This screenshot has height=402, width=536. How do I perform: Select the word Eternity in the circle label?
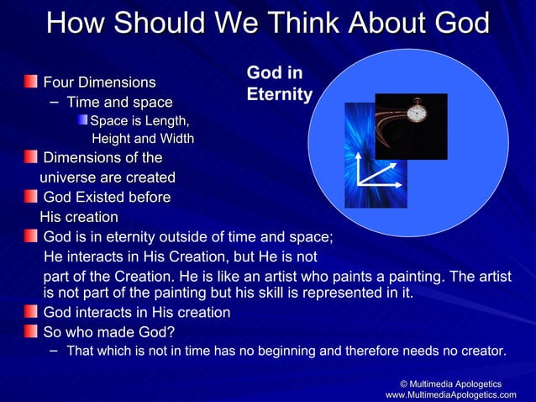(279, 95)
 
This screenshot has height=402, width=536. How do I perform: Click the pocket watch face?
(417, 111)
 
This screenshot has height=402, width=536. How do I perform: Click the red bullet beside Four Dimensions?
(30, 82)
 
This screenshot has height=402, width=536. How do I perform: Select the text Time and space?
(119, 103)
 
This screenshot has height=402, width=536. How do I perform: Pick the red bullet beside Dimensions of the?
(30, 157)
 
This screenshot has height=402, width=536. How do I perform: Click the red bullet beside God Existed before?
(30, 198)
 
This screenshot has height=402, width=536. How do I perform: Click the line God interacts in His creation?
(136, 313)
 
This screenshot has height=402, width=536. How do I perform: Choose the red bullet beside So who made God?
(30, 331)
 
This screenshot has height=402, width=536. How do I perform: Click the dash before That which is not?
(54, 350)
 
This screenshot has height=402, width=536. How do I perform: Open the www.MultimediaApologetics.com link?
(450, 394)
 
